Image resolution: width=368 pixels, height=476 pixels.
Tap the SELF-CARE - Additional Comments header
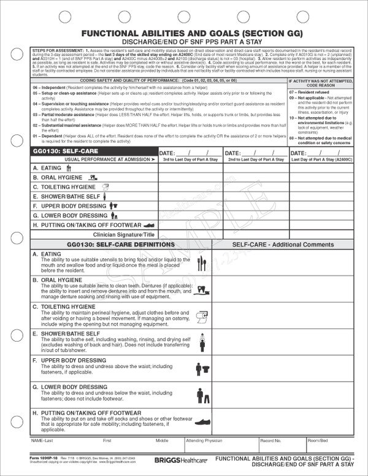pos(280,245)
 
